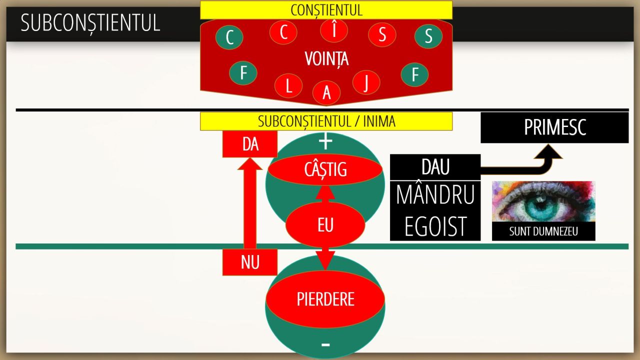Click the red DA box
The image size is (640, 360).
pyautogui.click(x=250, y=144)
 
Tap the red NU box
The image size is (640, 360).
pyautogui.click(x=250, y=262)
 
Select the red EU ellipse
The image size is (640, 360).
pyautogui.click(x=325, y=225)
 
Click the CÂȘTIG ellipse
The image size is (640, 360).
pyautogui.click(x=325, y=169)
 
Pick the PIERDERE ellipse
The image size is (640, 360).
pyautogui.click(x=325, y=299)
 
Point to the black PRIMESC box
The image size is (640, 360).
pyautogui.click(x=555, y=127)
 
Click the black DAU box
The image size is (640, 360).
pyautogui.click(x=435, y=167)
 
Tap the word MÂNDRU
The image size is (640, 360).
pyautogui.click(x=435, y=195)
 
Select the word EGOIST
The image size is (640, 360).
pyautogui.click(x=435, y=226)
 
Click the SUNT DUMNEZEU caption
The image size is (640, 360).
pyautogui.click(x=543, y=231)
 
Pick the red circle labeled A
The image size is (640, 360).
pyautogui.click(x=326, y=93)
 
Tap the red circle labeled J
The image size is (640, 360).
pyautogui.click(x=366, y=82)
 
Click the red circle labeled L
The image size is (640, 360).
pyautogui.click(x=288, y=85)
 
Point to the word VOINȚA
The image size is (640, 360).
pyautogui.click(x=326, y=59)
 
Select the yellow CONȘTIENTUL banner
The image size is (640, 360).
pyautogui.click(x=326, y=10)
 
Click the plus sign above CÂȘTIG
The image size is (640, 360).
pyautogui.click(x=325, y=141)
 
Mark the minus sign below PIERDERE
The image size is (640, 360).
pyautogui.click(x=325, y=345)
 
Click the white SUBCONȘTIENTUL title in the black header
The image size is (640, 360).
pyautogui.click(x=90, y=23)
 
